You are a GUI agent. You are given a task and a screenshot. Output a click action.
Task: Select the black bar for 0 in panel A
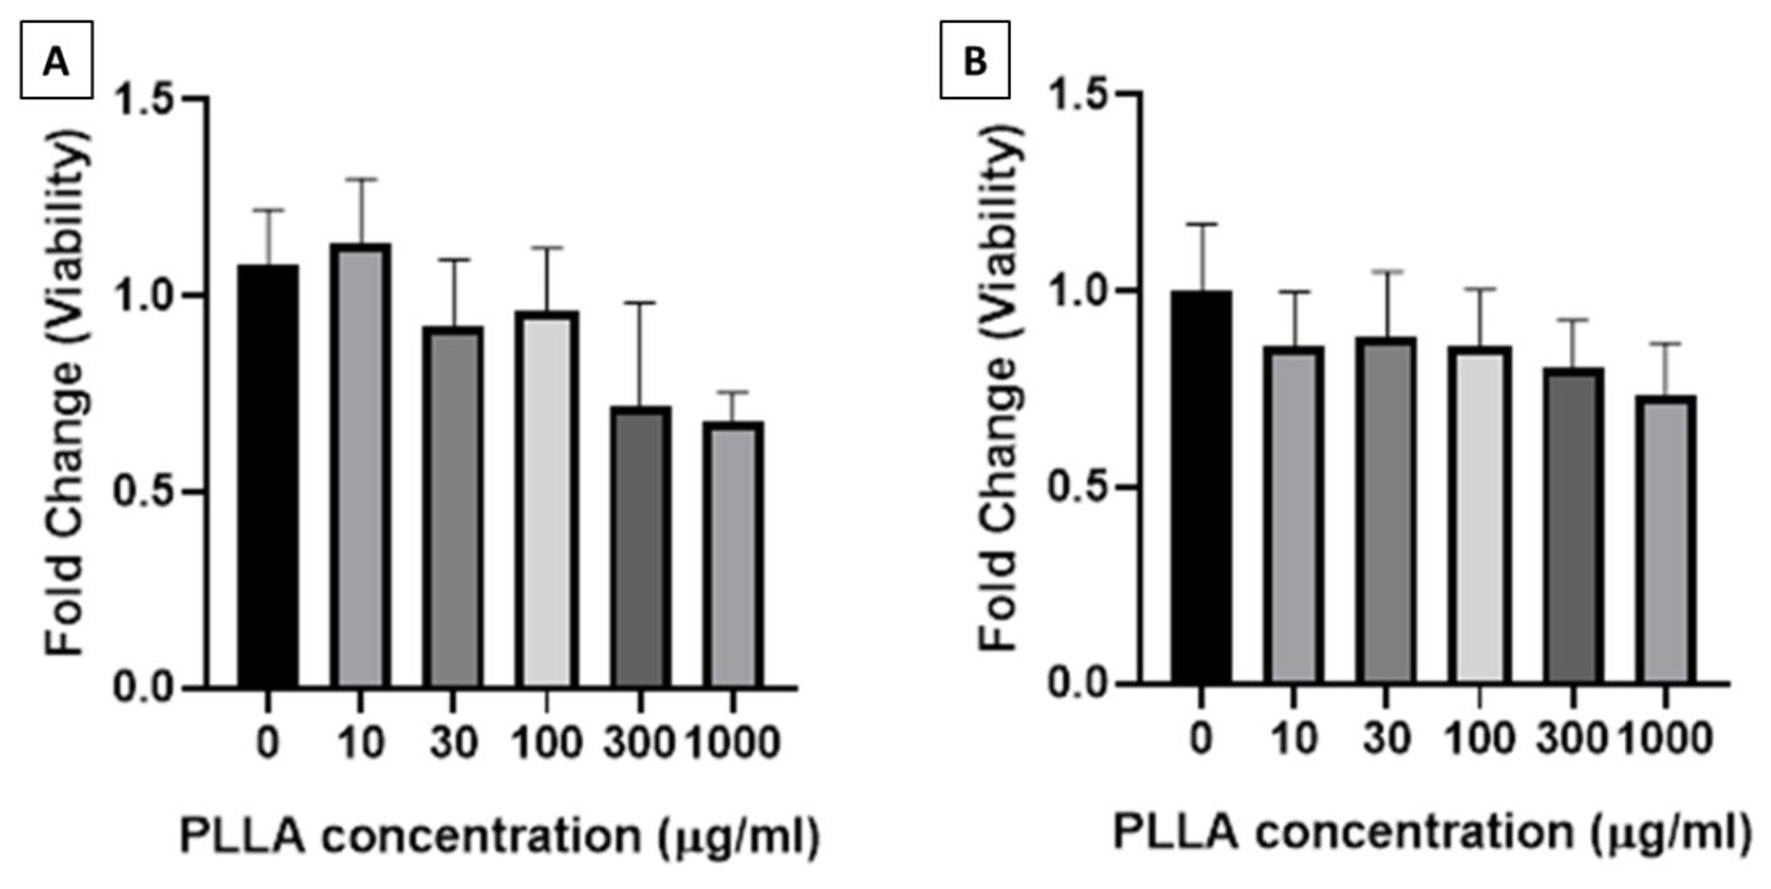[268, 474]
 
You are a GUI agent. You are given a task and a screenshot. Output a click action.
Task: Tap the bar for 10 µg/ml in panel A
[360, 464]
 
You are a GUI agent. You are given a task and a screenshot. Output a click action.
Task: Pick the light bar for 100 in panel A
[547, 499]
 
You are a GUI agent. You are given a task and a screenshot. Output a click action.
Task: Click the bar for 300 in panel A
[641, 547]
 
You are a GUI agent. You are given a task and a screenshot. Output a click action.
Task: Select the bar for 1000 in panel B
[1665, 540]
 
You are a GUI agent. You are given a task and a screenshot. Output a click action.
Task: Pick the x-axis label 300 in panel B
[1571, 739]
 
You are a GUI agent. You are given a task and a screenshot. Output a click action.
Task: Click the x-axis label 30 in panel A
[453, 743]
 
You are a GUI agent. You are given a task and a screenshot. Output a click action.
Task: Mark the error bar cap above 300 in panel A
[641, 303]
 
